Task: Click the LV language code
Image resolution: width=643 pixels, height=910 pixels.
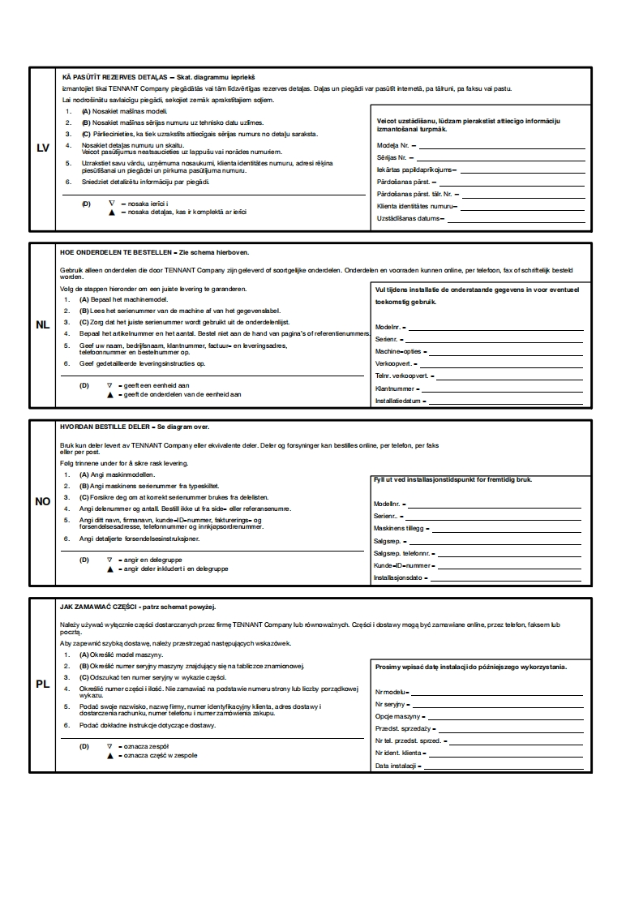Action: pyautogui.click(x=43, y=148)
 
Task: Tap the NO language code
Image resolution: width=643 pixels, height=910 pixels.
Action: pyautogui.click(x=43, y=501)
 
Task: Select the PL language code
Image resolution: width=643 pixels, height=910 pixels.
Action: pyautogui.click(x=43, y=684)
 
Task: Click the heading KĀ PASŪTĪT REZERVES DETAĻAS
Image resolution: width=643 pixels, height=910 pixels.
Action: pyautogui.click(x=114, y=75)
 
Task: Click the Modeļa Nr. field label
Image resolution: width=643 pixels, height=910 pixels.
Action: pyautogui.click(x=393, y=144)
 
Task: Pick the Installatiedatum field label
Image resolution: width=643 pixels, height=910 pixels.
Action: pyautogui.click(x=398, y=401)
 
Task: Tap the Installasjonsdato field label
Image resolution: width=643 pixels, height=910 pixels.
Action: pyautogui.click(x=399, y=577)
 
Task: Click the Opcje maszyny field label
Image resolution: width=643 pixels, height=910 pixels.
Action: pyautogui.click(x=397, y=717)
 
